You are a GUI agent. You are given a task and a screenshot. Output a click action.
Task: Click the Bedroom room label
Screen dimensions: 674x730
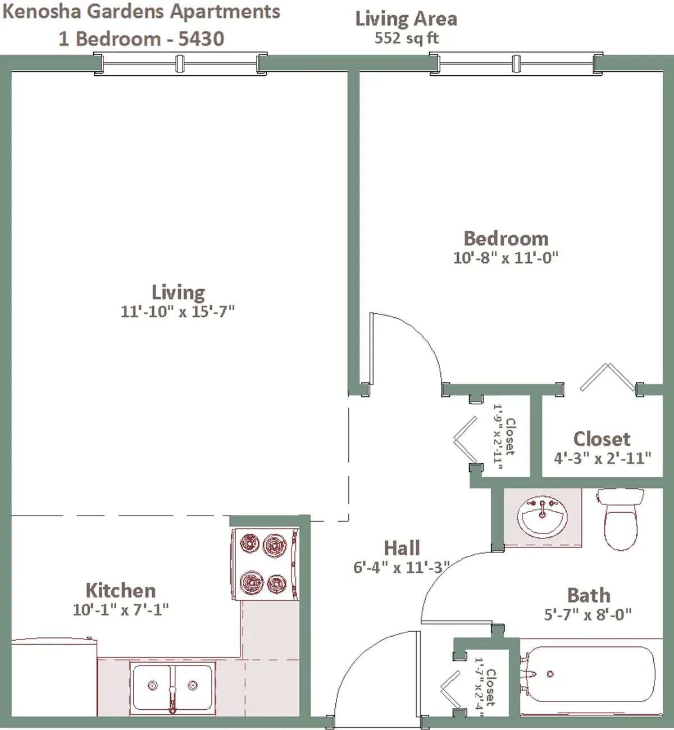pos(506,239)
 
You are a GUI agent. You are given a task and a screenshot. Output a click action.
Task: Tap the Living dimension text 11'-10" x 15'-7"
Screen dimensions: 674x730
pos(177,312)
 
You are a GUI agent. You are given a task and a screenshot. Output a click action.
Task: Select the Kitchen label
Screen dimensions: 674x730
pos(121,591)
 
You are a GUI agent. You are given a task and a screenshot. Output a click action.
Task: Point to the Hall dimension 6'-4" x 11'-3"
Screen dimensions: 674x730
pos(402,568)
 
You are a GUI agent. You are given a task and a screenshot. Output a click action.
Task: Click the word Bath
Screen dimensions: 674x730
pos(589,595)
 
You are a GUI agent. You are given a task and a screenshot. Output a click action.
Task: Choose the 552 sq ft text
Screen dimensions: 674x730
pos(406,38)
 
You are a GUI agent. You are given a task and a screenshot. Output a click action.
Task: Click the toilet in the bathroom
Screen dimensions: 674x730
pos(621,519)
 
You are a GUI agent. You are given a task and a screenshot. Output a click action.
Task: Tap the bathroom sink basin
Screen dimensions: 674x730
pos(542,517)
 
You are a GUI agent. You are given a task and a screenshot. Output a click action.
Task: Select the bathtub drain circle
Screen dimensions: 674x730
pos(550,674)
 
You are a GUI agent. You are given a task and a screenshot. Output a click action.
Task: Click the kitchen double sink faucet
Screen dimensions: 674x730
pos(172,697)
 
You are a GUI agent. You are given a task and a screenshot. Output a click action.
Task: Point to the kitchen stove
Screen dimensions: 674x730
pos(265,564)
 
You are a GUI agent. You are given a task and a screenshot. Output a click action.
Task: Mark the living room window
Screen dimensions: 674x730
pos(180,63)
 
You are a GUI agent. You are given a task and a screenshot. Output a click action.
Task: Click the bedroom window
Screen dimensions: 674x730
pos(516,63)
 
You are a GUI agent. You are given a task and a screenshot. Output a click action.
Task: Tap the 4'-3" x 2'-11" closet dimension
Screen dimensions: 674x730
pos(602,458)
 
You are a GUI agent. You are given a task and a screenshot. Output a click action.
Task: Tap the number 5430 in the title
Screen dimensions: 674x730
pos(201,39)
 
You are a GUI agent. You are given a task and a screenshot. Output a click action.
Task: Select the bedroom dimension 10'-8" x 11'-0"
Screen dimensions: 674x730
pos(505,258)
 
